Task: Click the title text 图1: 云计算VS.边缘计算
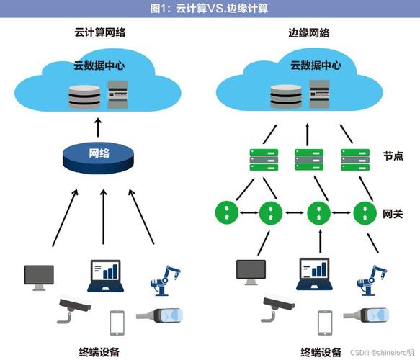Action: pyautogui.click(x=210, y=8)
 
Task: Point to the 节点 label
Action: pyautogui.click(x=393, y=156)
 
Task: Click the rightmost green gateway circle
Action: pyautogui.click(x=364, y=212)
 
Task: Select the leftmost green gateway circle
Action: pyautogui.click(x=226, y=212)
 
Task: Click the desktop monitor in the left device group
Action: pyautogui.click(x=39, y=276)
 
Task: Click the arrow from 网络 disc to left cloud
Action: pyautogui.click(x=99, y=127)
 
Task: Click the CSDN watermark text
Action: pyautogui.click(x=382, y=353)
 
